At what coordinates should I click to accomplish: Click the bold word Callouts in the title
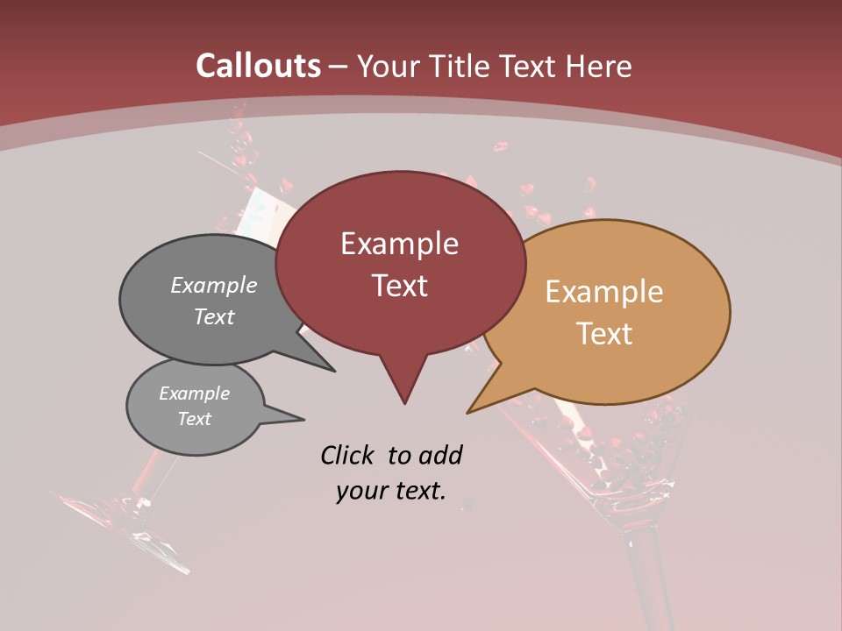click(259, 66)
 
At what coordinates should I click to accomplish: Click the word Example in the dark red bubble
click(399, 244)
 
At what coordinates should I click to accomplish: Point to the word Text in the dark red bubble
click(399, 286)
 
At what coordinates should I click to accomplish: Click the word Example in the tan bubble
click(604, 292)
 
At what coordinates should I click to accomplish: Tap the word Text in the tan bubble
click(605, 334)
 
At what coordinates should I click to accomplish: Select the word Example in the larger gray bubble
click(214, 285)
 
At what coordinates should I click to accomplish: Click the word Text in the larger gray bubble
click(214, 316)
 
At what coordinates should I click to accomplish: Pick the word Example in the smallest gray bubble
click(195, 393)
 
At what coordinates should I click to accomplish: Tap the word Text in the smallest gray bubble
click(195, 419)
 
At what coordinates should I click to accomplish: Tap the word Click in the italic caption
click(349, 455)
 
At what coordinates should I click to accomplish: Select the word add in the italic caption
click(440, 455)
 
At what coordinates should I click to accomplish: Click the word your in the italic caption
click(360, 491)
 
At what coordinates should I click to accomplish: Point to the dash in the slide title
click(339, 67)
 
